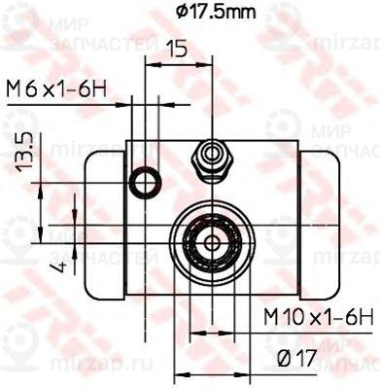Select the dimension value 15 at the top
tap(175, 47)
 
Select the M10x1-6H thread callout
tap(318, 316)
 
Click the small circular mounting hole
tap(145, 180)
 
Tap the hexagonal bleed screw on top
tap(211, 158)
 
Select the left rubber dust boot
tap(105, 224)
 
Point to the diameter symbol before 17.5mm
tap(183, 13)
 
